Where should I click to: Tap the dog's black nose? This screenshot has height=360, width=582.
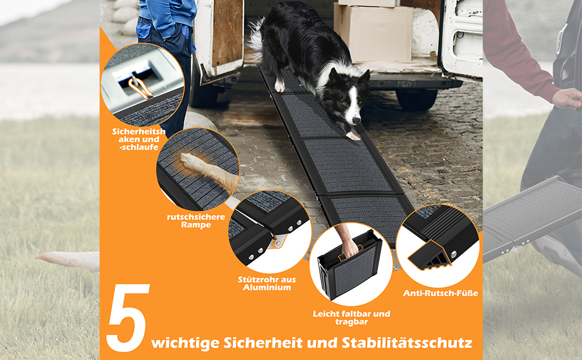click(x=356, y=120)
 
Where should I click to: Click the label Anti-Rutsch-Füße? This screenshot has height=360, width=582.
click(x=440, y=293)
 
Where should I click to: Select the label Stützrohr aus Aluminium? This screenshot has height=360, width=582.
click(x=267, y=284)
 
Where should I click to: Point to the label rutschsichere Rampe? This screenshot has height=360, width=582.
click(x=196, y=221)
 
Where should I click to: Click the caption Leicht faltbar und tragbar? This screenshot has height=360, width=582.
click(x=351, y=317)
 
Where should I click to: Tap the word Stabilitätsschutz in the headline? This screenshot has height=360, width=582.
click(x=407, y=343)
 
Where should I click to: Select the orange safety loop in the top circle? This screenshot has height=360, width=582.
click(x=139, y=89)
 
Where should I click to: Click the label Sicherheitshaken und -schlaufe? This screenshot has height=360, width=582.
click(x=139, y=139)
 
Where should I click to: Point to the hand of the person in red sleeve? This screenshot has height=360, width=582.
click(x=567, y=99)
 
